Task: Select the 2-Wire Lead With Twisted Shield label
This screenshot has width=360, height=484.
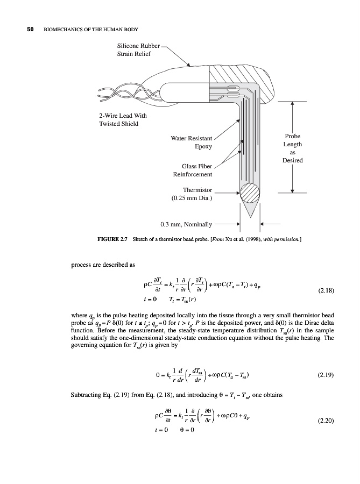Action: point(118,119)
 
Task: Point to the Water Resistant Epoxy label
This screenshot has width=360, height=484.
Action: point(191,141)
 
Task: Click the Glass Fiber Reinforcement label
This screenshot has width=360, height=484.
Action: point(192,169)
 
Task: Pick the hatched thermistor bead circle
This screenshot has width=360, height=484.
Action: point(250,192)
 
